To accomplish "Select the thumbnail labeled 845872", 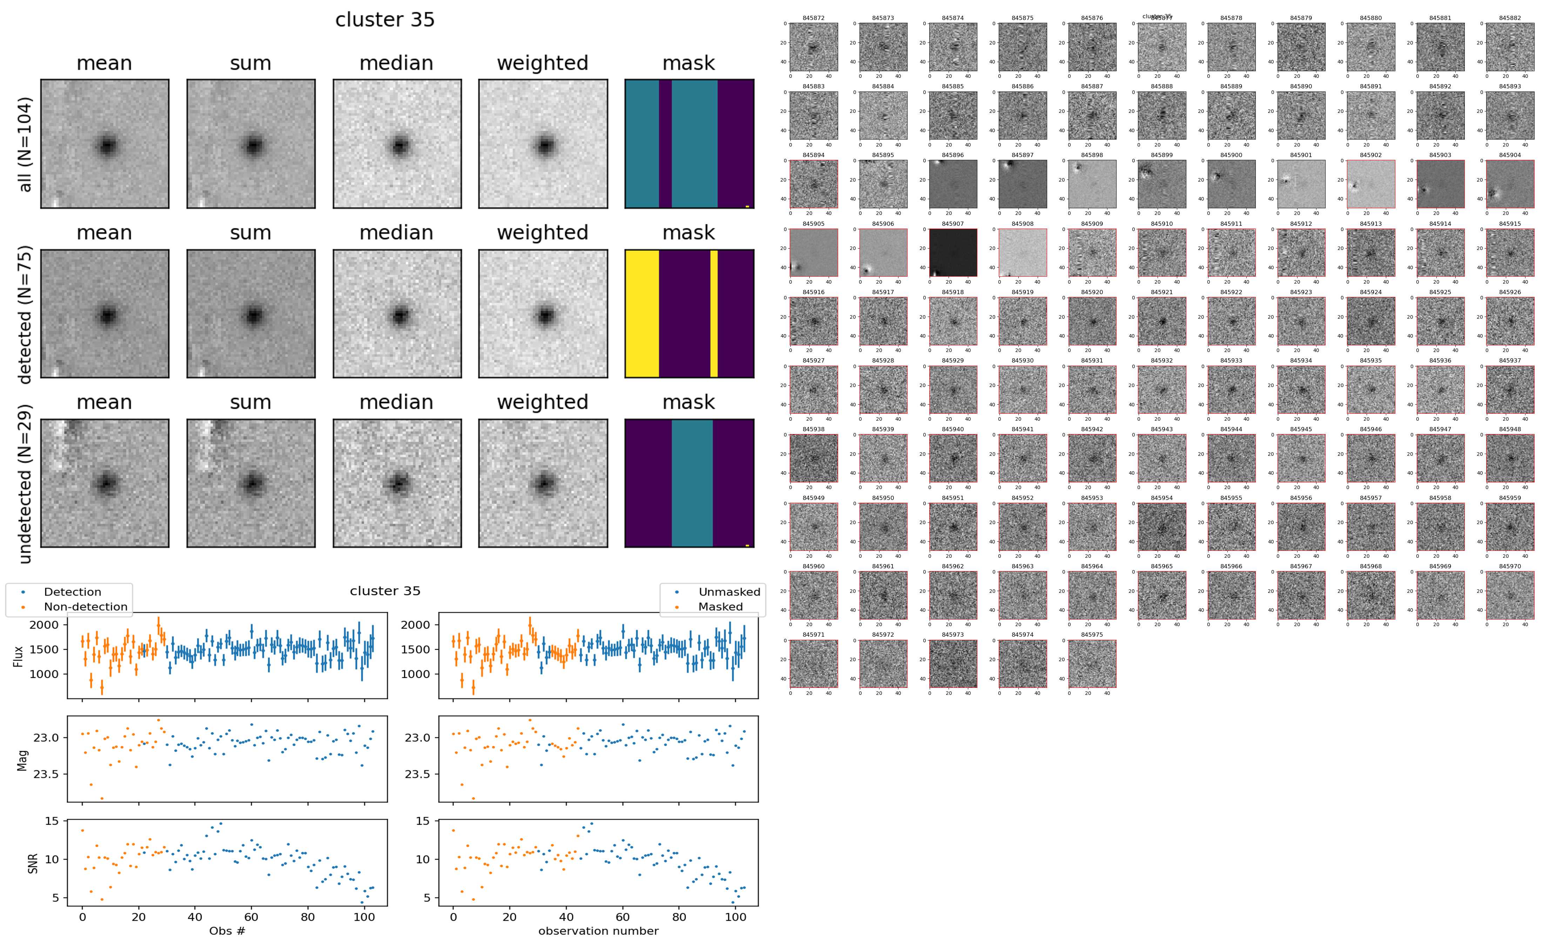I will coord(813,47).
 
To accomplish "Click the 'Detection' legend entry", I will coord(72,592).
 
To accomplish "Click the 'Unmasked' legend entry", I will coord(729,592).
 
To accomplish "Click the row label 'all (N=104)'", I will coord(25,144).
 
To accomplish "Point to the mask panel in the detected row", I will coord(689,313).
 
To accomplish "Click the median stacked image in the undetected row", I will coord(397,483).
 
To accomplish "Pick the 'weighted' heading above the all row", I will coord(543,63).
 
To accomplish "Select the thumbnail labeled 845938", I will coord(813,458).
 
